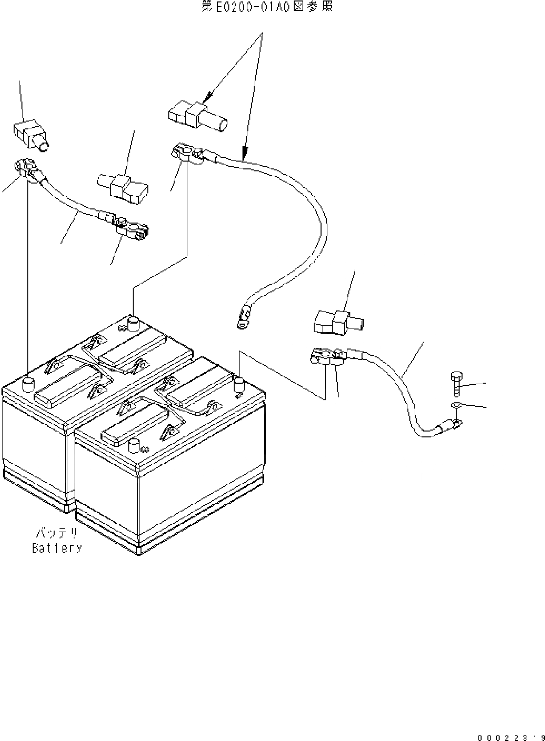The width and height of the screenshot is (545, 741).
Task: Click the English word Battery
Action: coord(57,548)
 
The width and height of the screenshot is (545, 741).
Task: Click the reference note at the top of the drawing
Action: coord(267,7)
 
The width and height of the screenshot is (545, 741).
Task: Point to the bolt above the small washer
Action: coord(456,384)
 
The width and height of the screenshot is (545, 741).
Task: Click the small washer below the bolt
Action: coord(455,405)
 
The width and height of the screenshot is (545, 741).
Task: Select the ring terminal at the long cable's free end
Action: coord(242,316)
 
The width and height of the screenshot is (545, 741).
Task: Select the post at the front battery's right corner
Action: coord(239,384)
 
